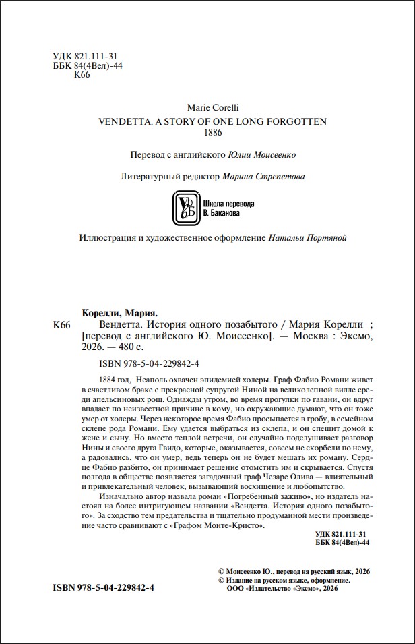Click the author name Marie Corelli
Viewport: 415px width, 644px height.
pyautogui.click(x=212, y=107)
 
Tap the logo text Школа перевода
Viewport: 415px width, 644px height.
pyautogui.click(x=228, y=203)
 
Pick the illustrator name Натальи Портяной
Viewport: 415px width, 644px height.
pyautogui.click(x=307, y=239)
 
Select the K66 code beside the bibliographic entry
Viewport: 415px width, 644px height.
pyautogui.click(x=61, y=325)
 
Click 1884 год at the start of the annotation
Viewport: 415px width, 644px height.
pyautogui.click(x=111, y=380)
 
